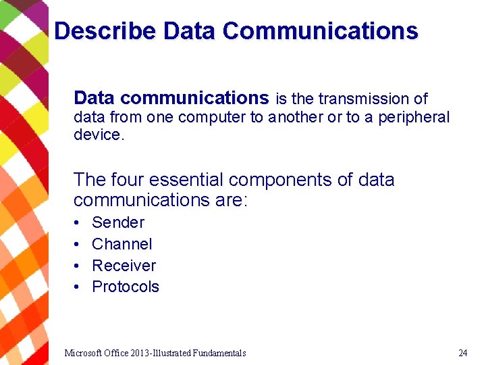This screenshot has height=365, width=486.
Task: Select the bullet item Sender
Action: pos(118,222)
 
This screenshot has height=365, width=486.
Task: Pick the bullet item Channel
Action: pos(122,244)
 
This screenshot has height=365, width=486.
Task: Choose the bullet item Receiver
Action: pos(124,266)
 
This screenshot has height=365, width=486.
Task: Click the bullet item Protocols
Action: pos(126,287)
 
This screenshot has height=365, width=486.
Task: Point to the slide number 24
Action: pos(462,353)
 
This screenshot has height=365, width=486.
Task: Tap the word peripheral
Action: pos(413,117)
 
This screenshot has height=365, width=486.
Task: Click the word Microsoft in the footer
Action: pos(83,353)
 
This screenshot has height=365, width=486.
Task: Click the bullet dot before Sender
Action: pos(78,223)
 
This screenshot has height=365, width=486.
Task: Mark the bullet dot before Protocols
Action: pos(78,287)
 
